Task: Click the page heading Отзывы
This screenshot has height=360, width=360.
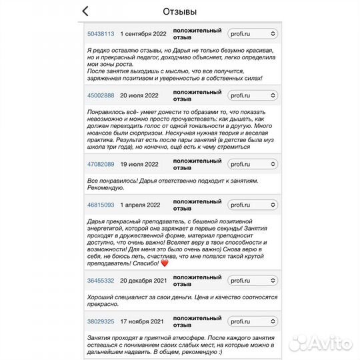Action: click(180, 11)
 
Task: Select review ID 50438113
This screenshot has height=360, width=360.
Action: click(101, 33)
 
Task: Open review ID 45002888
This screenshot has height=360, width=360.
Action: click(101, 95)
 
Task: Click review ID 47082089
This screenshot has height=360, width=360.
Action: click(101, 164)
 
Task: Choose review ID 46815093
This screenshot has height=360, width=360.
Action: click(101, 205)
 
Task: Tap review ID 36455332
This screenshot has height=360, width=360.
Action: click(101, 281)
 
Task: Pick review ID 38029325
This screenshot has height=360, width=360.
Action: click(101, 321)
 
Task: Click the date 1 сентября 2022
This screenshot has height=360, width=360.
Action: click(143, 33)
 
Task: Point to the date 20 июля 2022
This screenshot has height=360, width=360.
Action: click(139, 95)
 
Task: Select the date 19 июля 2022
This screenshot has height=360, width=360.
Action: click(139, 164)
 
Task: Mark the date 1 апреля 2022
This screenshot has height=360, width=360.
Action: click(139, 205)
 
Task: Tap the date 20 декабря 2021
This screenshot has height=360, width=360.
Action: click(143, 281)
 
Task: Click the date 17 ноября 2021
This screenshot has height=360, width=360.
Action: click(142, 321)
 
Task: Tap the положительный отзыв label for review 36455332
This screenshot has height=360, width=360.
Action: click(197, 281)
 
